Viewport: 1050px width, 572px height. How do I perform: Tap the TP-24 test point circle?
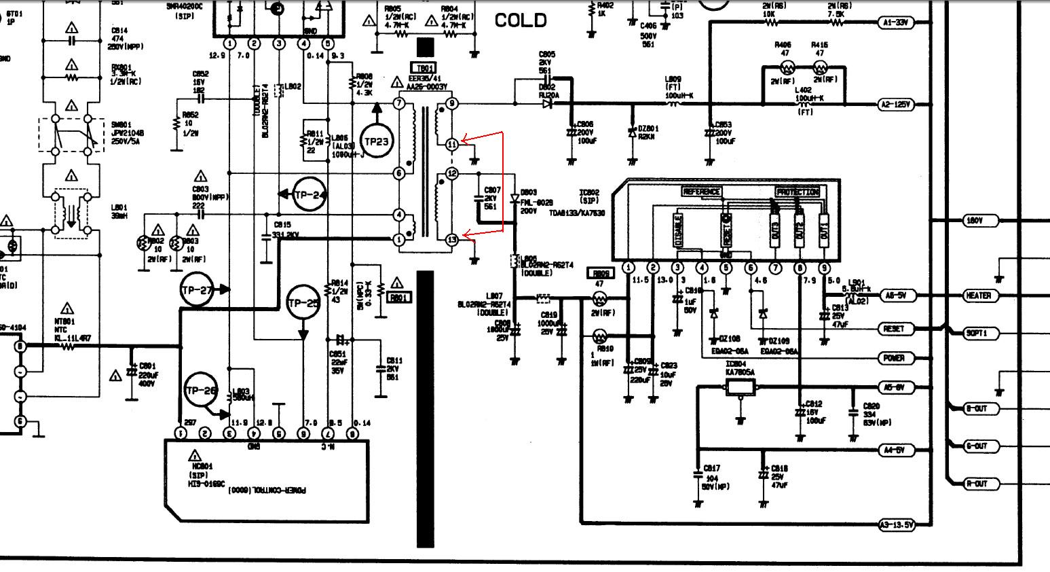(x=309, y=195)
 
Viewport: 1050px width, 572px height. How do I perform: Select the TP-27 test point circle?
(x=198, y=289)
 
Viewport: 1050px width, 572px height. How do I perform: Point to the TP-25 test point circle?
(x=303, y=304)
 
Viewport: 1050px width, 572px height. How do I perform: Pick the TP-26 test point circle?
(x=201, y=390)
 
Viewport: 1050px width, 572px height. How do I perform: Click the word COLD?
(x=521, y=20)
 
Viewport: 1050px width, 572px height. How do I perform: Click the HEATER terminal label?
(x=977, y=296)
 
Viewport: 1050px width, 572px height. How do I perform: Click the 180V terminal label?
(x=973, y=221)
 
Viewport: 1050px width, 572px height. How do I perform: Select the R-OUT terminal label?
(x=976, y=484)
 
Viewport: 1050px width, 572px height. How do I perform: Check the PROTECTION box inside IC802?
(x=797, y=192)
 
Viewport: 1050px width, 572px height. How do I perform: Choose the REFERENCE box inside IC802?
(x=702, y=192)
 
